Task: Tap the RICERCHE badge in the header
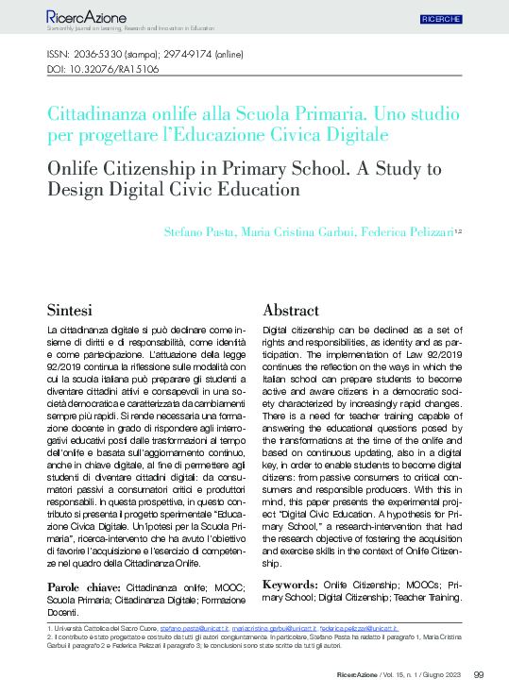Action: [x=441, y=18]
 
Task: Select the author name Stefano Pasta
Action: [x=281, y=231]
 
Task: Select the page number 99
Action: [x=478, y=674]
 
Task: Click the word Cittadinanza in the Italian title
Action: [x=99, y=113]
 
